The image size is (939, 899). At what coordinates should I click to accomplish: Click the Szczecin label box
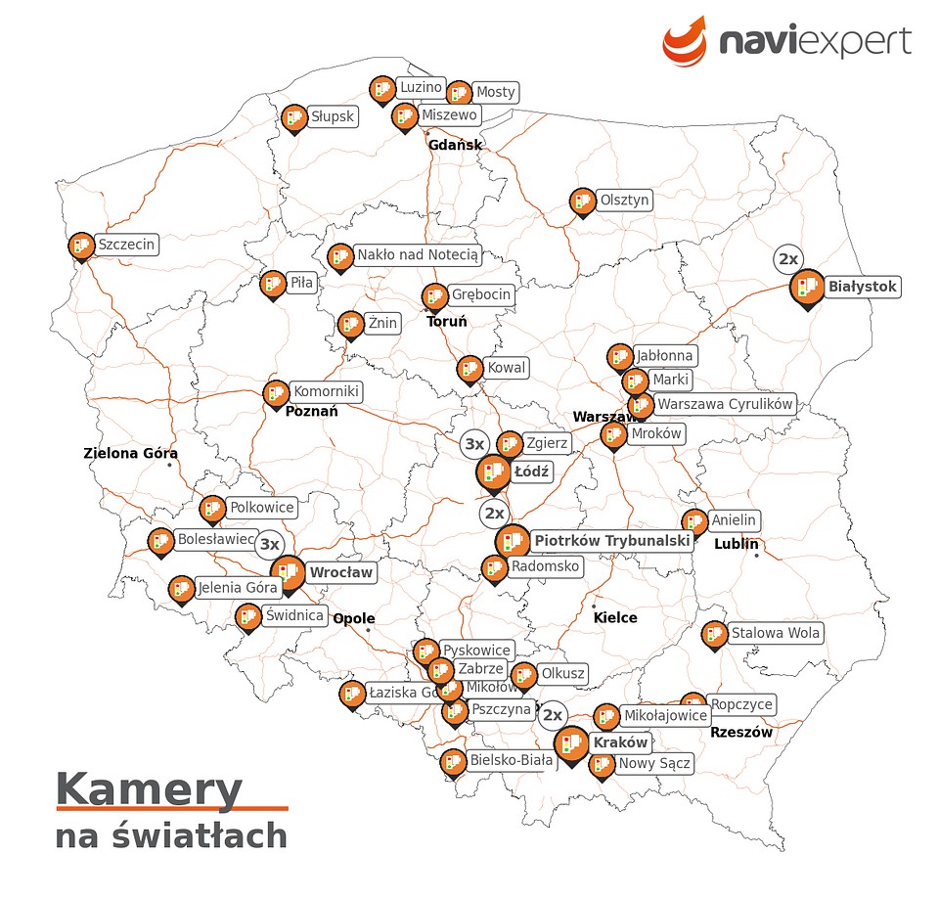126,245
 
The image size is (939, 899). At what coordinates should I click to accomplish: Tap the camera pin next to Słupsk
293,118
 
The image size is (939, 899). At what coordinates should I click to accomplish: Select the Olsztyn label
624,200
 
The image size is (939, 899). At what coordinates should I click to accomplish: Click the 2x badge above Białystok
787,259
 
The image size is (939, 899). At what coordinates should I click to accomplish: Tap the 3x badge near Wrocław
270,545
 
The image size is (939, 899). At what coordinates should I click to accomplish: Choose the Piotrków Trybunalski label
612,541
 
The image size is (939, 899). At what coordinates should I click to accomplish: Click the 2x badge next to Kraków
553,715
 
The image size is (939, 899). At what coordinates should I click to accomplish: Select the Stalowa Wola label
776,633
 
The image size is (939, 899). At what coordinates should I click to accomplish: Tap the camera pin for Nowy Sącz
603,765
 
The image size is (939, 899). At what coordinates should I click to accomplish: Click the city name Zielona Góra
131,453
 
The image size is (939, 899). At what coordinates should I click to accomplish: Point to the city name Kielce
615,617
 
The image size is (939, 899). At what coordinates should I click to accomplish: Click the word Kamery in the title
149,788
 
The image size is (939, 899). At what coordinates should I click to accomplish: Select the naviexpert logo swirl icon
685,40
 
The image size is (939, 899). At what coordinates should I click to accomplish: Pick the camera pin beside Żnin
350,324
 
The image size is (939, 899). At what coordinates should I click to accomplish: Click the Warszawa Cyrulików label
725,403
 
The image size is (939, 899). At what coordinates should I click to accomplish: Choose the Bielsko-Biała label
512,760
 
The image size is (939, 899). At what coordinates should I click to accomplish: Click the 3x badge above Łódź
474,444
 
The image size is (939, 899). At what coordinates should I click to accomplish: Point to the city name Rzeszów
741,732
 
